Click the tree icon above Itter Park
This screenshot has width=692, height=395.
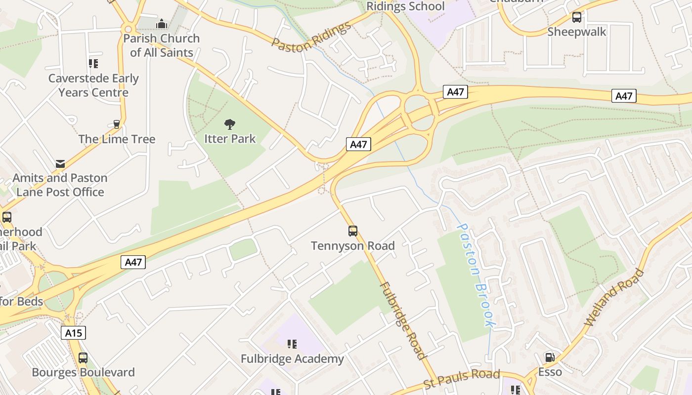(229, 124)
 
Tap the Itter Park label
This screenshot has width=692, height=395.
(230, 139)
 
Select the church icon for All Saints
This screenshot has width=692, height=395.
(162, 24)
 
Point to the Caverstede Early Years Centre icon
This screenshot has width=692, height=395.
(93, 63)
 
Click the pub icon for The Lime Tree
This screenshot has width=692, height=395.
(117, 124)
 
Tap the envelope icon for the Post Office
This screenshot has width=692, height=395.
(60, 163)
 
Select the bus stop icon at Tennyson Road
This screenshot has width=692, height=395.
(353, 231)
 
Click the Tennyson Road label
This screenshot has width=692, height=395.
(353, 246)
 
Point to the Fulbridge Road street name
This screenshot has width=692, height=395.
(402, 320)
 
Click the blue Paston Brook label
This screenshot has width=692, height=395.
(475, 275)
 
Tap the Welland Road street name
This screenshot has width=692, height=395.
(614, 297)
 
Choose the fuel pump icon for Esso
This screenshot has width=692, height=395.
(550, 357)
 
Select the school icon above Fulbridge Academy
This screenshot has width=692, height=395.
(292, 344)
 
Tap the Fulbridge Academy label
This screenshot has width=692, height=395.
(292, 359)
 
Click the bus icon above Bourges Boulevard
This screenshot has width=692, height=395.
(83, 357)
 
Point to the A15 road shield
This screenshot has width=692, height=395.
(74, 333)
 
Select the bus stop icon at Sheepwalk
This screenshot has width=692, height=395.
(577, 17)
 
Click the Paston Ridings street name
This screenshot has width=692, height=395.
(311, 37)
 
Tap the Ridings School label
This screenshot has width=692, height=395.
(405, 6)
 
